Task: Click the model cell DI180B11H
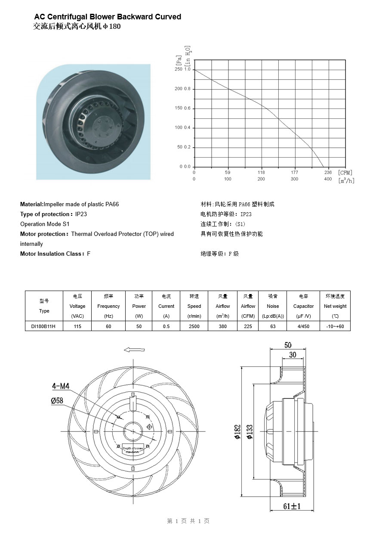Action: point(44,326)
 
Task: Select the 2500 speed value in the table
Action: point(194,326)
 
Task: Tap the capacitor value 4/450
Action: point(303,326)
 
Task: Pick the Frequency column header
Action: point(108,306)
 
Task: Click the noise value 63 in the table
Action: point(273,326)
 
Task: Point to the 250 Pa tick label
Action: point(178,69)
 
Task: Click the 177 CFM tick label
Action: point(294,172)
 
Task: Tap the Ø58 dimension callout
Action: point(57,400)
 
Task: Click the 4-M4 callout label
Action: point(61,386)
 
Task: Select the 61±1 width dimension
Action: point(292,506)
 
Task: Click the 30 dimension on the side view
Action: point(293,355)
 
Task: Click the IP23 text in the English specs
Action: point(81,214)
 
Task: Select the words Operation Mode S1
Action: point(45,224)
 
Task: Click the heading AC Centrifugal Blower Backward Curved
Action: point(108,17)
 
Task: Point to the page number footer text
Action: point(188,521)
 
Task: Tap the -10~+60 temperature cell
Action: point(336,326)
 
